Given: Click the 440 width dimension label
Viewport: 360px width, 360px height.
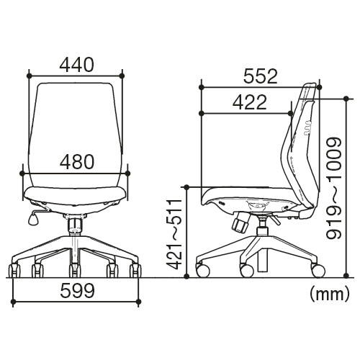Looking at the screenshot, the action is click(x=76, y=65).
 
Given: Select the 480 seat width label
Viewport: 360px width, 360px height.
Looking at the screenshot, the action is click(x=77, y=161).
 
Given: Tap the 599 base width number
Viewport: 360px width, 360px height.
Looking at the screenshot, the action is click(x=78, y=290).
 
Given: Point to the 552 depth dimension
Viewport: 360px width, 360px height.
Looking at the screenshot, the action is click(x=261, y=76).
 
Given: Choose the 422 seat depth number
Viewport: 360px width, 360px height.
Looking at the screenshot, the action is click(x=250, y=102).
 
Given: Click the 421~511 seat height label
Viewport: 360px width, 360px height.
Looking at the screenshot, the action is click(x=174, y=234).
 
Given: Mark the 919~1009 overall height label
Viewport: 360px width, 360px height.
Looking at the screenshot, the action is click(x=333, y=188).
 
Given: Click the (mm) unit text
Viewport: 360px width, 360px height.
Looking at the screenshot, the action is click(x=329, y=294).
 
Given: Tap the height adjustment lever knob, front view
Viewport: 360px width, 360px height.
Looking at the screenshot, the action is click(x=32, y=220).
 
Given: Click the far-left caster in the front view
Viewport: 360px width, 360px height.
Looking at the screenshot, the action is click(x=14, y=271).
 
